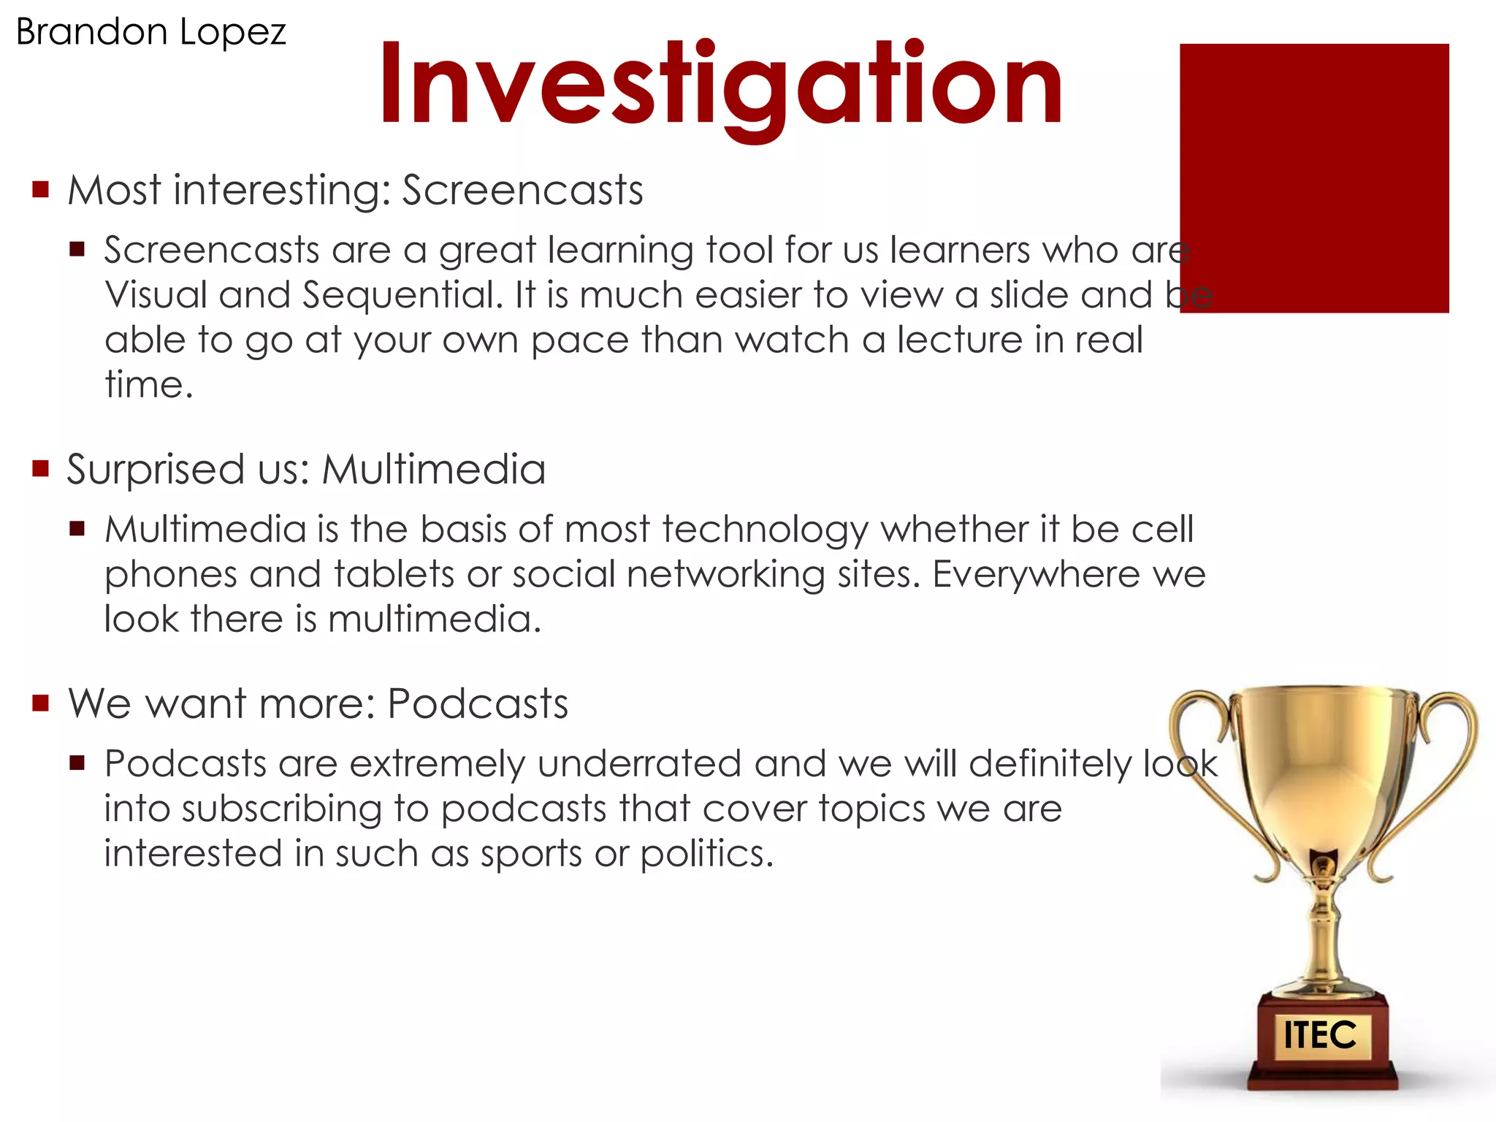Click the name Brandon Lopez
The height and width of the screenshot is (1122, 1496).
150,32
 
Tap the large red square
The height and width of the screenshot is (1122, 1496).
1313,178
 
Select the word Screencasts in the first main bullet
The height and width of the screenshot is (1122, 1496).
522,191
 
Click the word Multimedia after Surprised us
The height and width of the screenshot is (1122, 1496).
434,470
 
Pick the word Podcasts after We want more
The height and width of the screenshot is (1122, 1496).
477,704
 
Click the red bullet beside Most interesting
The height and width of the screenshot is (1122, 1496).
41,191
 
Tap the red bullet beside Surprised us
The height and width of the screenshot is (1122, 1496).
41,468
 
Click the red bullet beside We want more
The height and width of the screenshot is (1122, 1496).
41,703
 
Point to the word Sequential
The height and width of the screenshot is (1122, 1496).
402,295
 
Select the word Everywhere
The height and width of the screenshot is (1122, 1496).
1035,574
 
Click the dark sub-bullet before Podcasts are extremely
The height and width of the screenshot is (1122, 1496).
77,764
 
